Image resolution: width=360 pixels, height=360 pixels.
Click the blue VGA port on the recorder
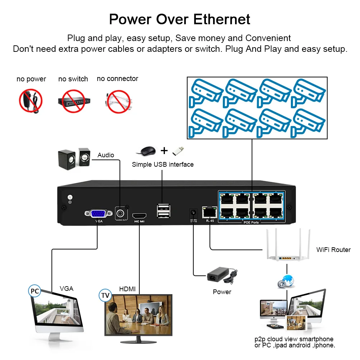tap(97, 213)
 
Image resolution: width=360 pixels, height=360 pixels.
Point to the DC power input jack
tap(192, 213)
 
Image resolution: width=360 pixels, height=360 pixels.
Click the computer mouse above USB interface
tap(148, 150)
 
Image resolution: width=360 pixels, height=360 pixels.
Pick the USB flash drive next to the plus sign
tap(177, 150)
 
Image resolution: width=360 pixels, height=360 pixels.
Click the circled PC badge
tap(35, 291)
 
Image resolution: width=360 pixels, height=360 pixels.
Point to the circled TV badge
tap(105, 296)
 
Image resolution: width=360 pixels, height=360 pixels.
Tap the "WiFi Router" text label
tap(333, 249)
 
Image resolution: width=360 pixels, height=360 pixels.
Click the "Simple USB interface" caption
tap(163, 165)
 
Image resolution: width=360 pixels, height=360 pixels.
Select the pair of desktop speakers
tap(74, 158)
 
